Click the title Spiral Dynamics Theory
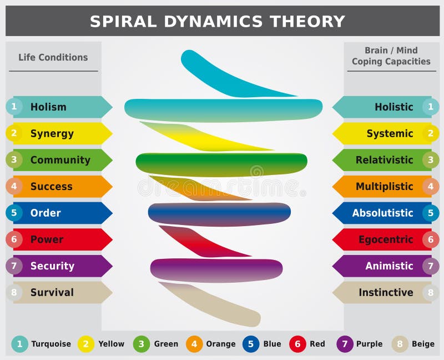(217, 21)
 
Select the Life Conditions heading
(53, 57)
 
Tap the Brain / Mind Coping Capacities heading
(391, 56)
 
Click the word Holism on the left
(48, 107)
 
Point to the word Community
(60, 160)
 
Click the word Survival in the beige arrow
(52, 292)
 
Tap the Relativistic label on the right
(384, 160)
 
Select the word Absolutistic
(382, 213)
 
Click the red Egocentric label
(385, 239)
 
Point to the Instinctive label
(386, 292)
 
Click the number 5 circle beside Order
(14, 213)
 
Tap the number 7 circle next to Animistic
(430, 266)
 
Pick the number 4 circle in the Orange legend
(194, 344)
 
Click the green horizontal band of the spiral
(221, 163)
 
